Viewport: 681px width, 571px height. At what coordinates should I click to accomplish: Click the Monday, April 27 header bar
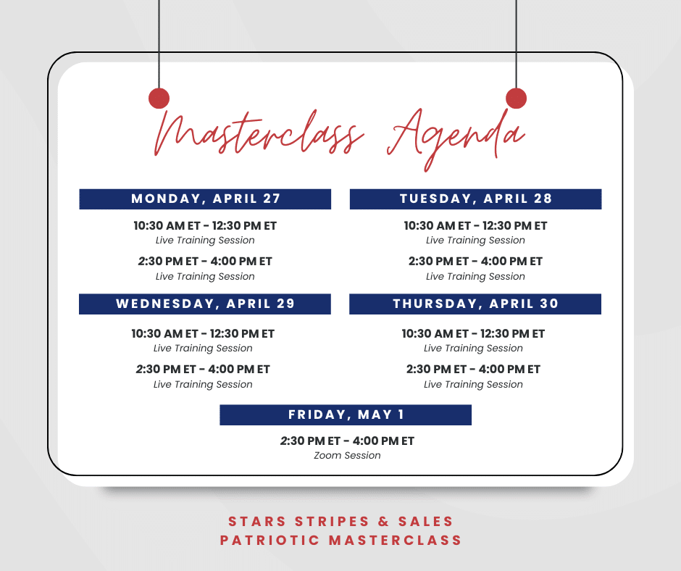[205, 199]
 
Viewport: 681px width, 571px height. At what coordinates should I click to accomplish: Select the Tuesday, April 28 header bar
[475, 199]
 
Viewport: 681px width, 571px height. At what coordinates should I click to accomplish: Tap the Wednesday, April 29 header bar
[205, 304]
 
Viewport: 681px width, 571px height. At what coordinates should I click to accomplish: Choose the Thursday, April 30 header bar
[475, 304]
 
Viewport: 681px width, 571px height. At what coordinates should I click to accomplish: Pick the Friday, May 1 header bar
[346, 415]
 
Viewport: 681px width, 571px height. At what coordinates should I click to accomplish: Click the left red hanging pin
[159, 99]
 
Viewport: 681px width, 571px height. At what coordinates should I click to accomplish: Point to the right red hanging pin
[516, 99]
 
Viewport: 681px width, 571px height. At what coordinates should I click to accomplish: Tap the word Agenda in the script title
[456, 138]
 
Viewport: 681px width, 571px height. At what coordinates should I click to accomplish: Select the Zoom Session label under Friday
[347, 456]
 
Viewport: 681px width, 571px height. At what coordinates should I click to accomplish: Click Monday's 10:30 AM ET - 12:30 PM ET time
[205, 226]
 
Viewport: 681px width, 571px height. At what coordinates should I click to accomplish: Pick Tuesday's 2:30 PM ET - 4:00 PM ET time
[475, 262]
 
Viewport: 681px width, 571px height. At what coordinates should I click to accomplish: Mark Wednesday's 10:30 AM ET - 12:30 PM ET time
[203, 334]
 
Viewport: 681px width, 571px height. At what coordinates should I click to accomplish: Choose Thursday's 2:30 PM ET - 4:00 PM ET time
[473, 370]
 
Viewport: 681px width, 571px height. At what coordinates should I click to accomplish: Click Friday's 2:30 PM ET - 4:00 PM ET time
[347, 441]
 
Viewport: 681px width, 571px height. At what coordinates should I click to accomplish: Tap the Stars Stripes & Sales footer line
[340, 522]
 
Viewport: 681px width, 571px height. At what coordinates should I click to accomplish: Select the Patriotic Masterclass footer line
[340, 541]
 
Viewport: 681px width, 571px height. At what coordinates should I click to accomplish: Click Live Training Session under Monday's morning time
[205, 241]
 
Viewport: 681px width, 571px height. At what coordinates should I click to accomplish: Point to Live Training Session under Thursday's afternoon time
[473, 385]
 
